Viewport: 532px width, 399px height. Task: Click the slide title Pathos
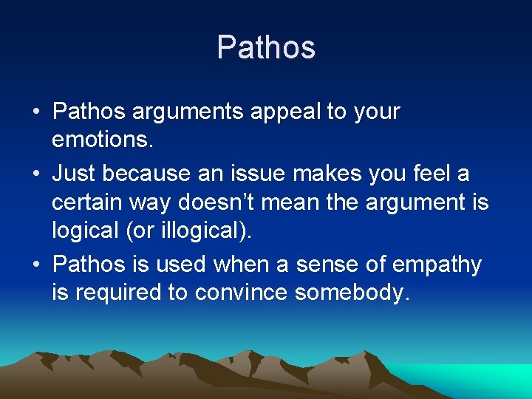point(266,48)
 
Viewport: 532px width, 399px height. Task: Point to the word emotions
point(100,139)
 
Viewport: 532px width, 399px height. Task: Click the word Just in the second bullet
point(74,173)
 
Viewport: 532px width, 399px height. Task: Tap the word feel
point(432,173)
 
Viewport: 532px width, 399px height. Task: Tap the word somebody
point(351,293)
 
